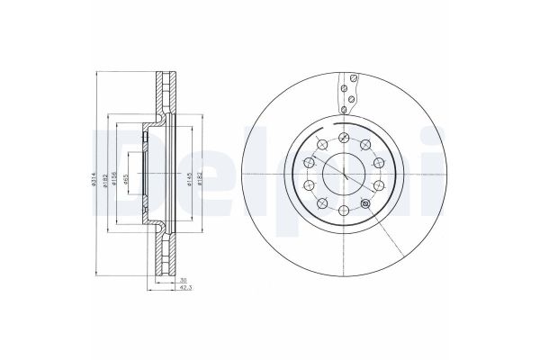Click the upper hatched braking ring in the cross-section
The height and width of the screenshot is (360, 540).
click(x=161, y=90)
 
